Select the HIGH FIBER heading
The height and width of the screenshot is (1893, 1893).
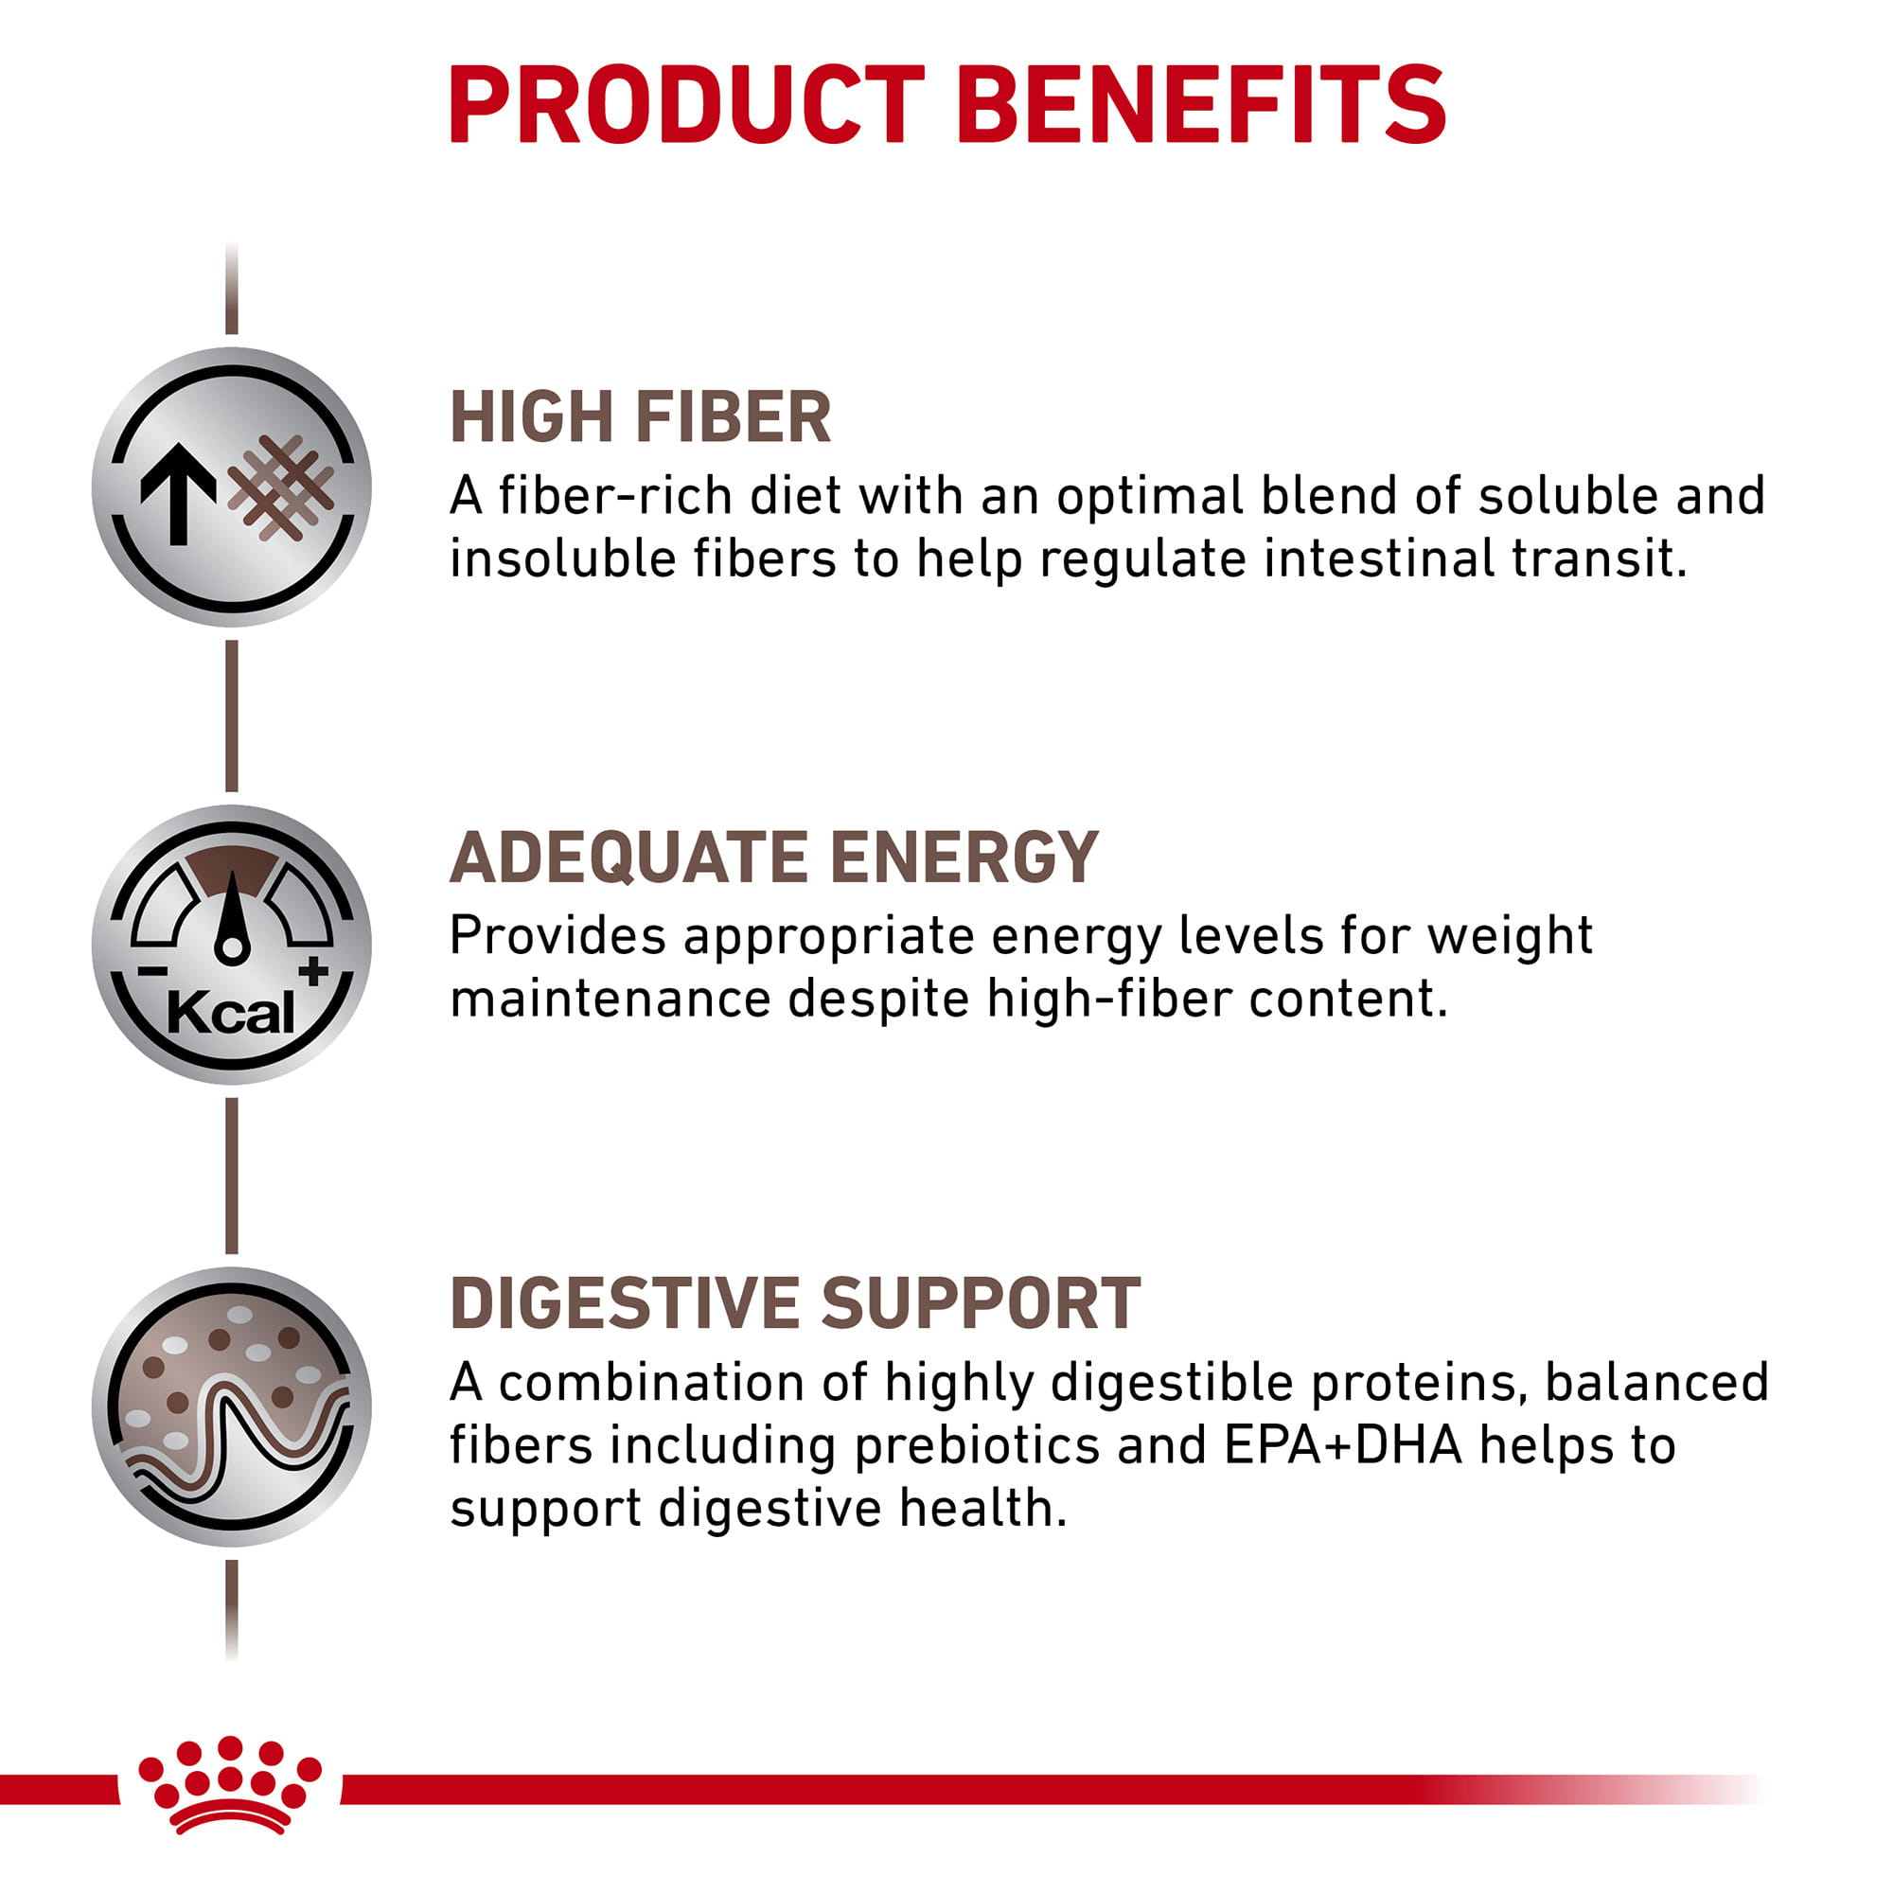(x=640, y=417)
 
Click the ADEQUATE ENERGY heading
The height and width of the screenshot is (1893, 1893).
(x=773, y=858)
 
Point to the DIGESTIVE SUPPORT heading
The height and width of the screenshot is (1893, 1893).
(x=795, y=1303)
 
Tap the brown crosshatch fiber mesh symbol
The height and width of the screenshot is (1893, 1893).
(x=282, y=487)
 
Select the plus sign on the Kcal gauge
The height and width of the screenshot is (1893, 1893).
(x=313, y=971)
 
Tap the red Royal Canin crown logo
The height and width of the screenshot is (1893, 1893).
(x=230, y=1785)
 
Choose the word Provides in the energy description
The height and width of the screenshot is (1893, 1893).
(x=557, y=936)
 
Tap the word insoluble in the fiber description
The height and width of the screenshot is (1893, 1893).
(x=562, y=558)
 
